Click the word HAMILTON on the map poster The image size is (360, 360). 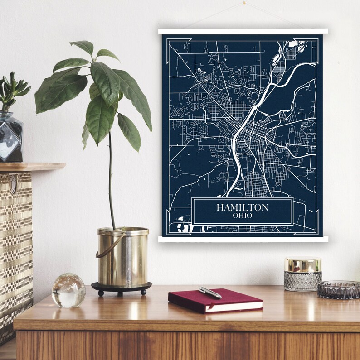tap(242, 207)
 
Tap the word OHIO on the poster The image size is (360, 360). tap(242, 216)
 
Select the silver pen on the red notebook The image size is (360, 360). tap(210, 293)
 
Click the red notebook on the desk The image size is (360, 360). tap(215, 301)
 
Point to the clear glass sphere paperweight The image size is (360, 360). tap(68, 290)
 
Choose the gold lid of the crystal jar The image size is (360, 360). tap(302, 264)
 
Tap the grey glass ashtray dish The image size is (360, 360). tap(338, 290)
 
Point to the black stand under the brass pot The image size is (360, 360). tap(121, 288)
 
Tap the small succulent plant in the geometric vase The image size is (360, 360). tap(12, 91)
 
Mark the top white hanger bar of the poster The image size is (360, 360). tap(243, 31)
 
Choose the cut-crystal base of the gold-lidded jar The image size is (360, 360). tap(302, 281)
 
